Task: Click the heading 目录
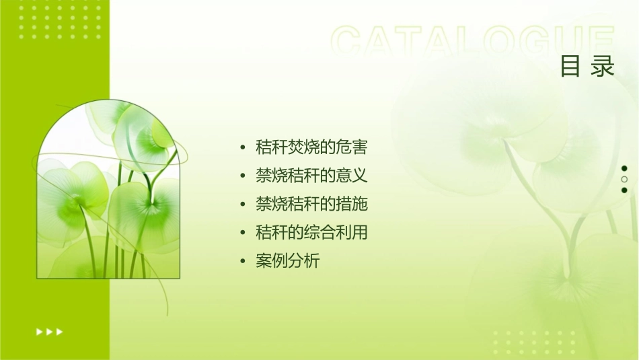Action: (587, 67)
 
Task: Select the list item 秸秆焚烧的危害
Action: (311, 147)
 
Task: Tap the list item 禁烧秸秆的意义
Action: (311, 176)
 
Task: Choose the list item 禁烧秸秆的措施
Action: (311, 205)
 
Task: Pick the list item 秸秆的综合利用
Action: (311, 233)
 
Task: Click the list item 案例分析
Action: (288, 261)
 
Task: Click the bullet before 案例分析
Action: (243, 262)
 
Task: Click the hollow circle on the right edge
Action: (624, 180)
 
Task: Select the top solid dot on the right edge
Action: (624, 168)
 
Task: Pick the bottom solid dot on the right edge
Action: (624, 190)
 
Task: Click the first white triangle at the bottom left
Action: (38, 331)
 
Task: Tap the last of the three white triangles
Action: (60, 331)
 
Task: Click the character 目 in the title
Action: (570, 67)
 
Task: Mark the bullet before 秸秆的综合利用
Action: (243, 233)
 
